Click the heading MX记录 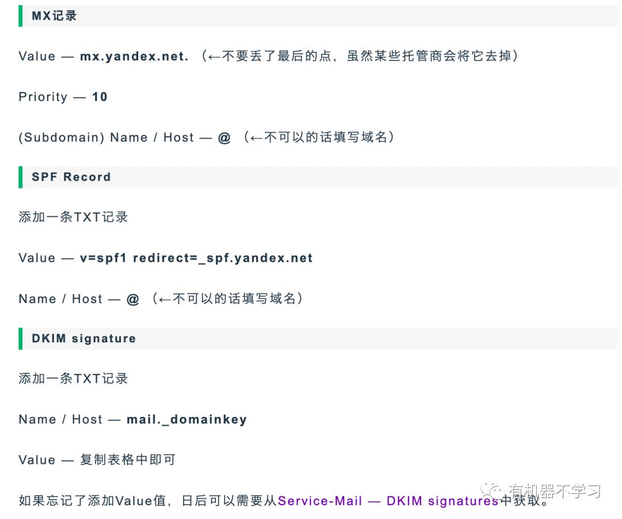point(54,16)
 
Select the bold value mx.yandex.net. point(134,56)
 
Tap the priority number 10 point(100,97)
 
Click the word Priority point(43,97)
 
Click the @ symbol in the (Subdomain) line point(224,138)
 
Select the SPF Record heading point(71,177)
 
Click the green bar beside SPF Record point(21,177)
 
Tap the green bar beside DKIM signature point(21,338)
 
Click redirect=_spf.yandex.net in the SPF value point(223,258)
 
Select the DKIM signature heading point(84,338)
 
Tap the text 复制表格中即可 point(127,460)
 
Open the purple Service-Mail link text point(320,501)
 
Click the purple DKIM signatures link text point(442,501)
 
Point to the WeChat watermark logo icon point(494,491)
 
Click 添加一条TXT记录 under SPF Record point(73,217)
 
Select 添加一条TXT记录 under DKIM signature point(73,379)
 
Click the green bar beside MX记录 point(21,16)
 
